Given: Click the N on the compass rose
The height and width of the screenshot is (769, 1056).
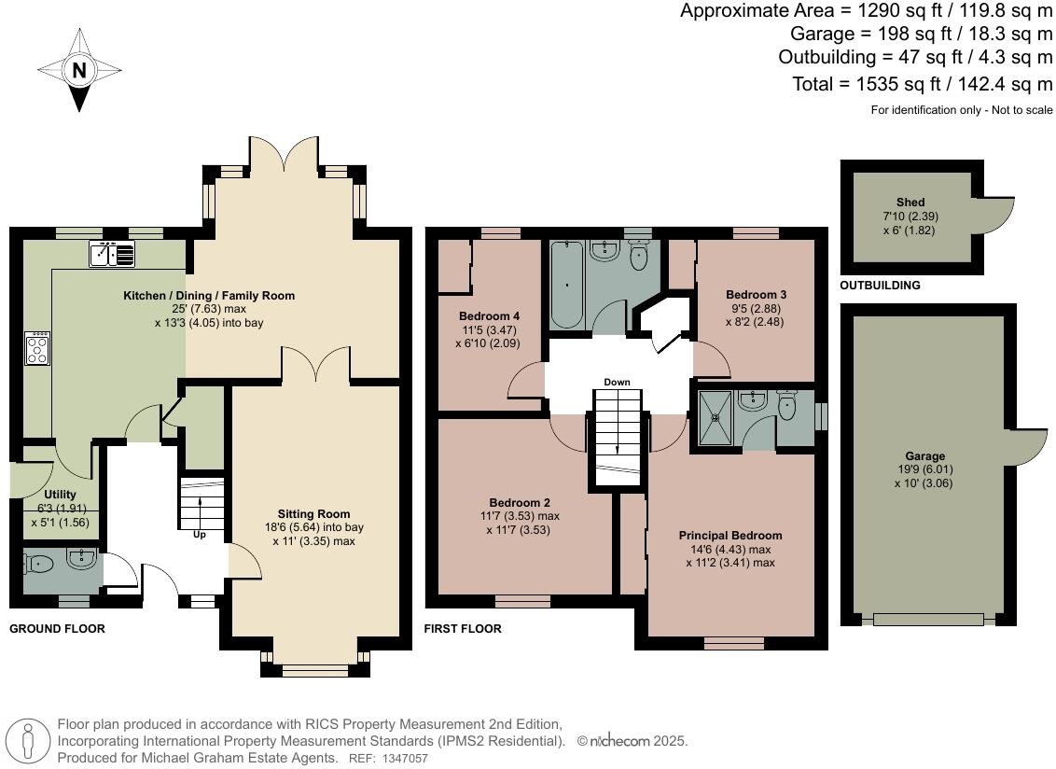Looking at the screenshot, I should pos(79,70).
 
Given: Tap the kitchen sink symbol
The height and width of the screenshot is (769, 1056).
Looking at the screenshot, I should pos(113,253).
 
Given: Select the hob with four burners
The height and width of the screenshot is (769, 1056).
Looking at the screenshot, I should pos(38,349).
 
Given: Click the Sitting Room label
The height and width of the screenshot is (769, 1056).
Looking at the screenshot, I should pos(313,513).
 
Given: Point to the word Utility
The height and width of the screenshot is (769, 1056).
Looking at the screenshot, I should pos(60,495).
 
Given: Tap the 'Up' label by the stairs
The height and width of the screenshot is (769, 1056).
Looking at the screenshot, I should pos(200,535).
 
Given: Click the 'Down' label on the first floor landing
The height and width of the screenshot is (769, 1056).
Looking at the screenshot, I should pos(617,383).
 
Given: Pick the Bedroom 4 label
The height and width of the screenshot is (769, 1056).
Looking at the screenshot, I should pos(489,316).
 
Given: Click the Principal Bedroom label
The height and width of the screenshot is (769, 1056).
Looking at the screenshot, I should pos(729,536).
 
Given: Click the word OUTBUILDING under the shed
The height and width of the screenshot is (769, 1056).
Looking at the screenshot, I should pos(880,286).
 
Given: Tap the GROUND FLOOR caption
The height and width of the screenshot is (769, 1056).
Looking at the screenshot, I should pos(57,629).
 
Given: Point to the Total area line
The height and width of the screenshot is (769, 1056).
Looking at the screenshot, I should pos(922,84).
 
